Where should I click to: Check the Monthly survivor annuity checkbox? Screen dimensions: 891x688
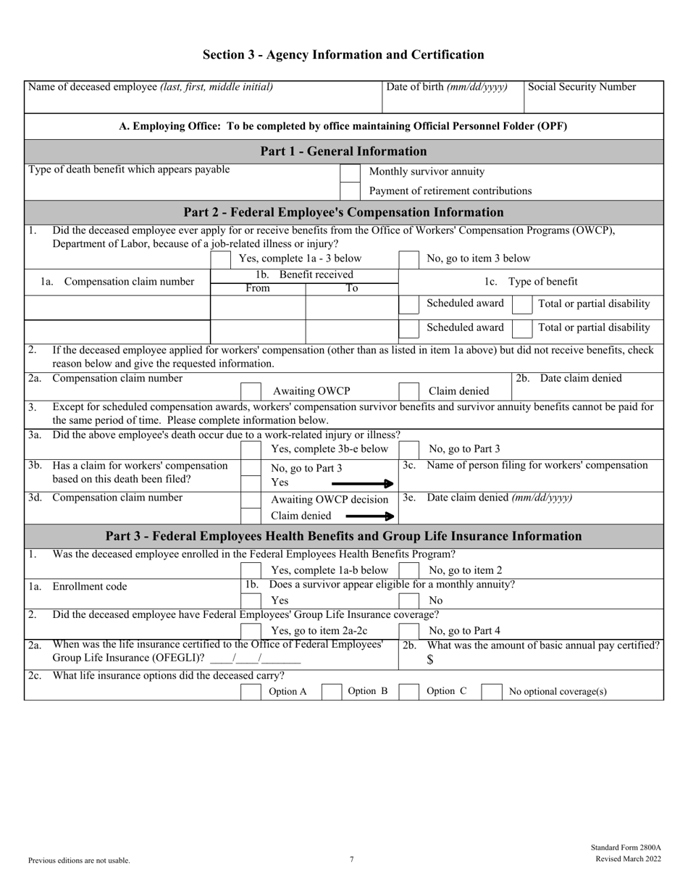(350, 172)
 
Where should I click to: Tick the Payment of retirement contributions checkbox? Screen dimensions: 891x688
(350, 191)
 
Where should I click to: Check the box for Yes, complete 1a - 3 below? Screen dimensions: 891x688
(221, 259)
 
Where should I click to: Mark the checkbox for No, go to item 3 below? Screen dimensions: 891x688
(409, 259)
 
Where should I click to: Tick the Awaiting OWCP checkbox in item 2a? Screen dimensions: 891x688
(251, 391)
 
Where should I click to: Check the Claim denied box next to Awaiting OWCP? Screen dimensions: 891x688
(409, 391)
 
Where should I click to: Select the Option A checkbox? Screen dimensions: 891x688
(251, 692)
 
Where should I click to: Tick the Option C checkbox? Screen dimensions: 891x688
(409, 692)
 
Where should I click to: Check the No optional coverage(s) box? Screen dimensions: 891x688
(492, 692)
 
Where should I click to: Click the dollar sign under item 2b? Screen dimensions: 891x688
(429, 660)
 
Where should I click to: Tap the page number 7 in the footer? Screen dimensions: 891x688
(351, 860)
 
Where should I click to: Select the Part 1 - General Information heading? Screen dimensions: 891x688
(343, 151)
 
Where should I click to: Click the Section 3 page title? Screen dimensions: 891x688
(343, 55)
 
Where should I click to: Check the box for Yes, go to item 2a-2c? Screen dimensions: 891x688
(251, 630)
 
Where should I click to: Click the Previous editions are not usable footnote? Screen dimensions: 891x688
(79, 861)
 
